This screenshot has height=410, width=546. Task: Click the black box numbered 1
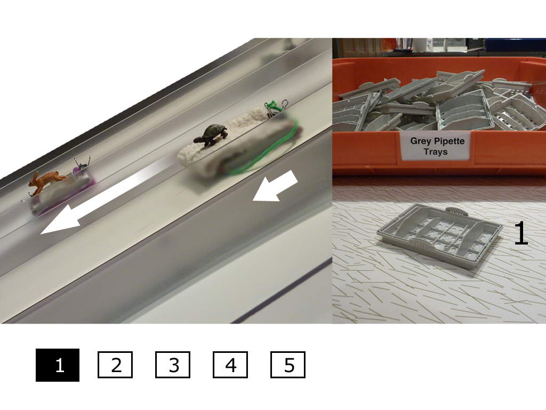tap(58, 365)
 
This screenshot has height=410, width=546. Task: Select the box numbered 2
tap(115, 365)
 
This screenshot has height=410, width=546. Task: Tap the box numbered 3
tap(173, 365)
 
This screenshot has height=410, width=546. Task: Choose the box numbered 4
tap(230, 365)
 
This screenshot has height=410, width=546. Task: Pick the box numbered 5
tap(288, 365)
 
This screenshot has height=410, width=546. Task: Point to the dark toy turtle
tap(210, 135)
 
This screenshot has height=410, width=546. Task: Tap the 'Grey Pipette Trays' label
tap(437, 146)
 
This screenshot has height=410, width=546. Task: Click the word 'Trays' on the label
tap(436, 152)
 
